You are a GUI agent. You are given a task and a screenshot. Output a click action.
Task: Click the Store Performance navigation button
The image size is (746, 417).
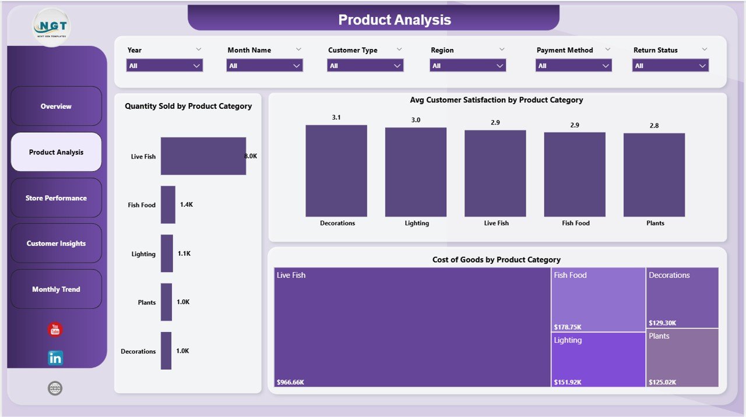tap(56, 198)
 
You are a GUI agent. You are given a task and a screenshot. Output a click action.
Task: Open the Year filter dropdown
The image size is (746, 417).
tap(164, 66)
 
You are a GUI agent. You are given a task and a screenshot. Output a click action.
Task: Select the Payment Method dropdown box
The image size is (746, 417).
tap(573, 66)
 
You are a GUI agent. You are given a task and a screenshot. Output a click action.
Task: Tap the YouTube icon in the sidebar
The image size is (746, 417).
tap(55, 330)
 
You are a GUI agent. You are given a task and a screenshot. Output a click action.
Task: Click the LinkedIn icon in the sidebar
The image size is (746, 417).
tap(55, 358)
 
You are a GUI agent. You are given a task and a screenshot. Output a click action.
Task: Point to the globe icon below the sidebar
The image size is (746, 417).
tap(55, 388)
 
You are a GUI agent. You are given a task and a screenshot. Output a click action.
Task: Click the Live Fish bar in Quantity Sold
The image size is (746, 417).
tap(203, 156)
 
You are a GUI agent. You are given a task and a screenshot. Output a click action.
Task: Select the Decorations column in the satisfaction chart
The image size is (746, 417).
tap(336, 171)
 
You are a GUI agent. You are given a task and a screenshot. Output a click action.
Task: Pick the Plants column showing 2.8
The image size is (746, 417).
tap(654, 175)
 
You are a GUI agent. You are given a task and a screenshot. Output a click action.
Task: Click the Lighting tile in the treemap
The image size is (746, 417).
tap(598, 359)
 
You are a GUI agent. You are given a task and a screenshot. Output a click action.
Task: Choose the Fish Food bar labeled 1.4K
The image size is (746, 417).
tap(168, 204)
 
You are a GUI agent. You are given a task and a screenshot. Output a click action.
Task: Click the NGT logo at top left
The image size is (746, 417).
tap(51, 27)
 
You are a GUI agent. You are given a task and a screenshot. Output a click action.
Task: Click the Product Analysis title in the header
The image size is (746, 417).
tap(395, 20)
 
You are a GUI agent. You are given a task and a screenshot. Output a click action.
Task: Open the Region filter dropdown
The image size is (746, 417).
tap(467, 66)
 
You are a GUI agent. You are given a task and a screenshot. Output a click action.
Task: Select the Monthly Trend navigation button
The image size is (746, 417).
tap(56, 289)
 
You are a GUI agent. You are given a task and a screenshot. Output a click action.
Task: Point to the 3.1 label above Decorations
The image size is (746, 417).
tap(336, 118)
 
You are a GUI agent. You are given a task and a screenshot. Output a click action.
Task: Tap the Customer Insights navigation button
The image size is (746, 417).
tap(56, 243)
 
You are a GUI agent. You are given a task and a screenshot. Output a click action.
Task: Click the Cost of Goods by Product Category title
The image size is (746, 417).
tap(496, 260)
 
